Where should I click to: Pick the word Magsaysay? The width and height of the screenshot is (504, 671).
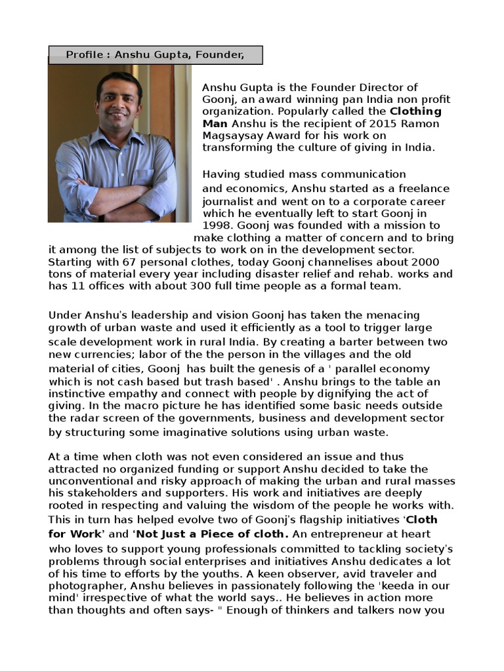pos(237,136)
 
